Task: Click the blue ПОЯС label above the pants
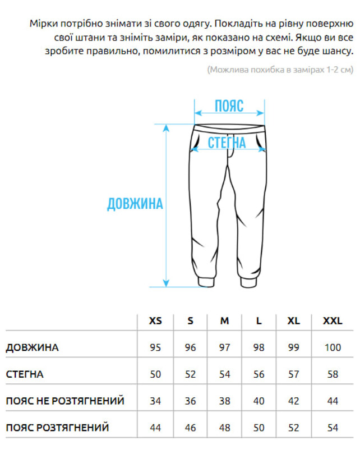[229, 106]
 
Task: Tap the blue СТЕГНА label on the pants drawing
[227, 143]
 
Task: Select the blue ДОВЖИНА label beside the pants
[135, 203]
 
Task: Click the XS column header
[155, 321]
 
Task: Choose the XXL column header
[332, 321]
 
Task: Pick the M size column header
[224, 321]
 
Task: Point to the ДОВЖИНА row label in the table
[33, 347]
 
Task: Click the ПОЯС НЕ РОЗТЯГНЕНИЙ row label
[65, 401]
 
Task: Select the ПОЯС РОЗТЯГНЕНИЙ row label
[57, 428]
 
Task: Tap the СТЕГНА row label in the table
[25, 374]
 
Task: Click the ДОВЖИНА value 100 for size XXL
[333, 347]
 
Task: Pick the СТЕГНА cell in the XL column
[293, 374]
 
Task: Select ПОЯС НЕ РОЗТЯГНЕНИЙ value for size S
[191, 401]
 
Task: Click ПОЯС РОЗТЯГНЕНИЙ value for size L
[259, 428]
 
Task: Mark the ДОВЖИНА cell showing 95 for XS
[155, 347]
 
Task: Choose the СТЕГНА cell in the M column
[224, 374]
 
